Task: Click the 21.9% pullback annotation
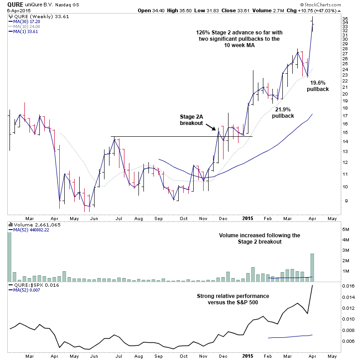pyautogui.click(x=283, y=112)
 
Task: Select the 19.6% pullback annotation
pyautogui.click(x=318, y=86)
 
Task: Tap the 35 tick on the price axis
pyautogui.click(x=345, y=19)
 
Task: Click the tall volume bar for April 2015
pyautogui.click(x=311, y=268)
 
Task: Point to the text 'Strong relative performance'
pyautogui.click(x=233, y=296)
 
